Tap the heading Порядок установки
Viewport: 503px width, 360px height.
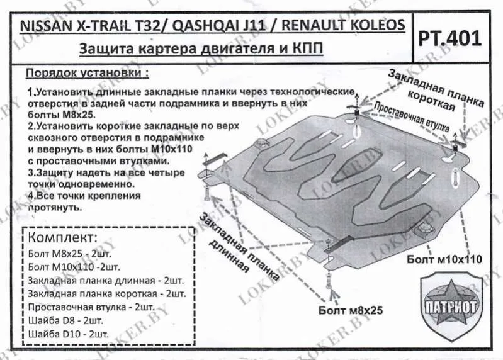coord(88,72)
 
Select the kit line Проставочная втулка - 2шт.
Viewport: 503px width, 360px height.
coord(91,307)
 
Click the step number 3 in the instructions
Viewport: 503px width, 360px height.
coord(30,172)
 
